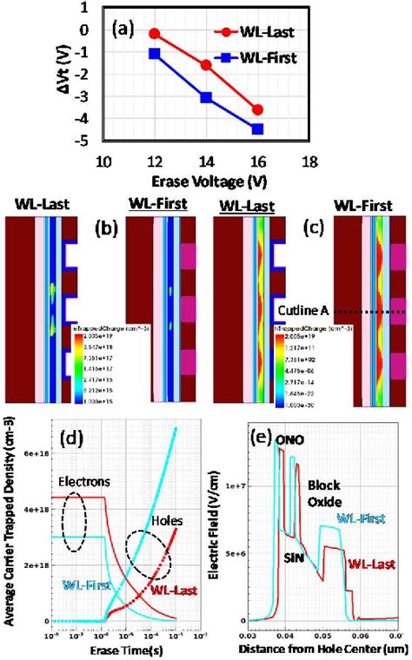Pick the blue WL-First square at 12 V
point(155,54)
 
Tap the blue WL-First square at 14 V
point(207,97)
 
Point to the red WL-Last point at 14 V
point(207,65)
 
